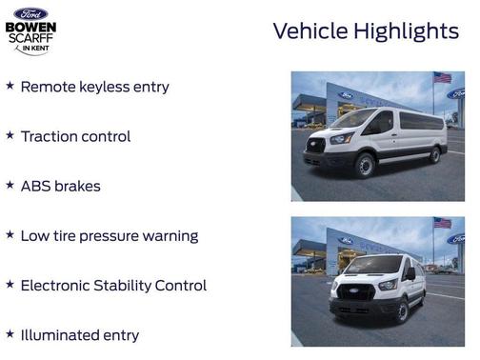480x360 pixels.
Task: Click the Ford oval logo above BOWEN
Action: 30,13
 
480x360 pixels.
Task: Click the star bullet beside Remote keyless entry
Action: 10,86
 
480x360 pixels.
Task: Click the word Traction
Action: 50,136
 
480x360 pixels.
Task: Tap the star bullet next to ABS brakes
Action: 10,185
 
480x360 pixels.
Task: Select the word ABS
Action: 35,186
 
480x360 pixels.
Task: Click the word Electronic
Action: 59,285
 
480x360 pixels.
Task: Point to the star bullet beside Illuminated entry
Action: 10,334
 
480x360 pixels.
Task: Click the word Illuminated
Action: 63,335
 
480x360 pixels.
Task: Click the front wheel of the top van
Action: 364,166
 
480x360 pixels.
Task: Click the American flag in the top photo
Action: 442,77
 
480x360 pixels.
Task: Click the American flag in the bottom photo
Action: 442,222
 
